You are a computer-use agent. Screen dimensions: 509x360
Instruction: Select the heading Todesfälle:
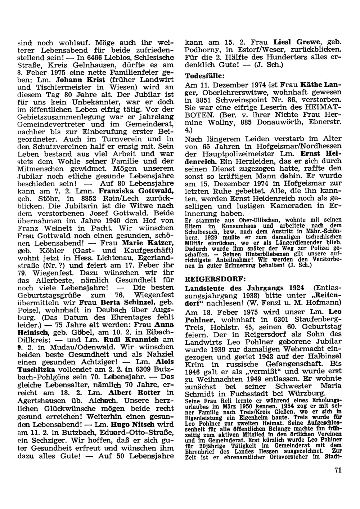204,76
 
